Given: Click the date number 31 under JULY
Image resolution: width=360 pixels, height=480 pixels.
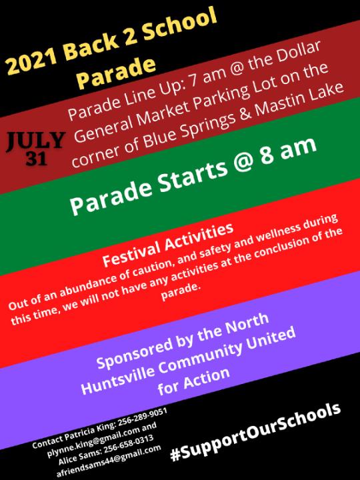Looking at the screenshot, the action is (37, 158).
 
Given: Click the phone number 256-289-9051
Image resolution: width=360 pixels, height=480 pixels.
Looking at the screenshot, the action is (143, 418).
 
